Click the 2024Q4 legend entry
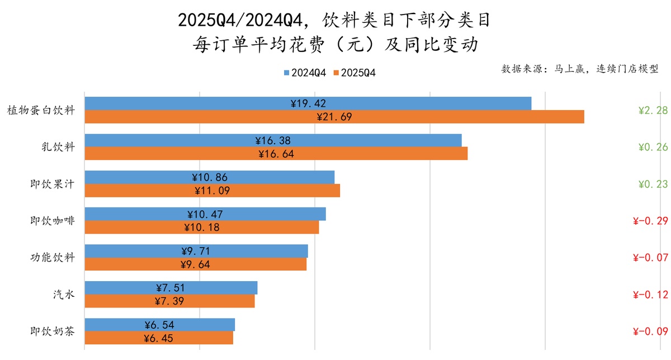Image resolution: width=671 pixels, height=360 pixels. (305, 73)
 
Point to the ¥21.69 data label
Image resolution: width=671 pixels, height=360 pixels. (334, 117)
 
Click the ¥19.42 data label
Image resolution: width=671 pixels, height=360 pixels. (308, 103)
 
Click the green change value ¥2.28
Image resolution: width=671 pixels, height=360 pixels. (653, 110)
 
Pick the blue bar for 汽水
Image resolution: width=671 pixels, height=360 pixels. (171, 288)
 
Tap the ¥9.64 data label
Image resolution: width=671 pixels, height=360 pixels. (195, 264)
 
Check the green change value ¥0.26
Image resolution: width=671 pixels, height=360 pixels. (653, 147)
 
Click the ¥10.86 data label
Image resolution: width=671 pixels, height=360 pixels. (210, 177)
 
